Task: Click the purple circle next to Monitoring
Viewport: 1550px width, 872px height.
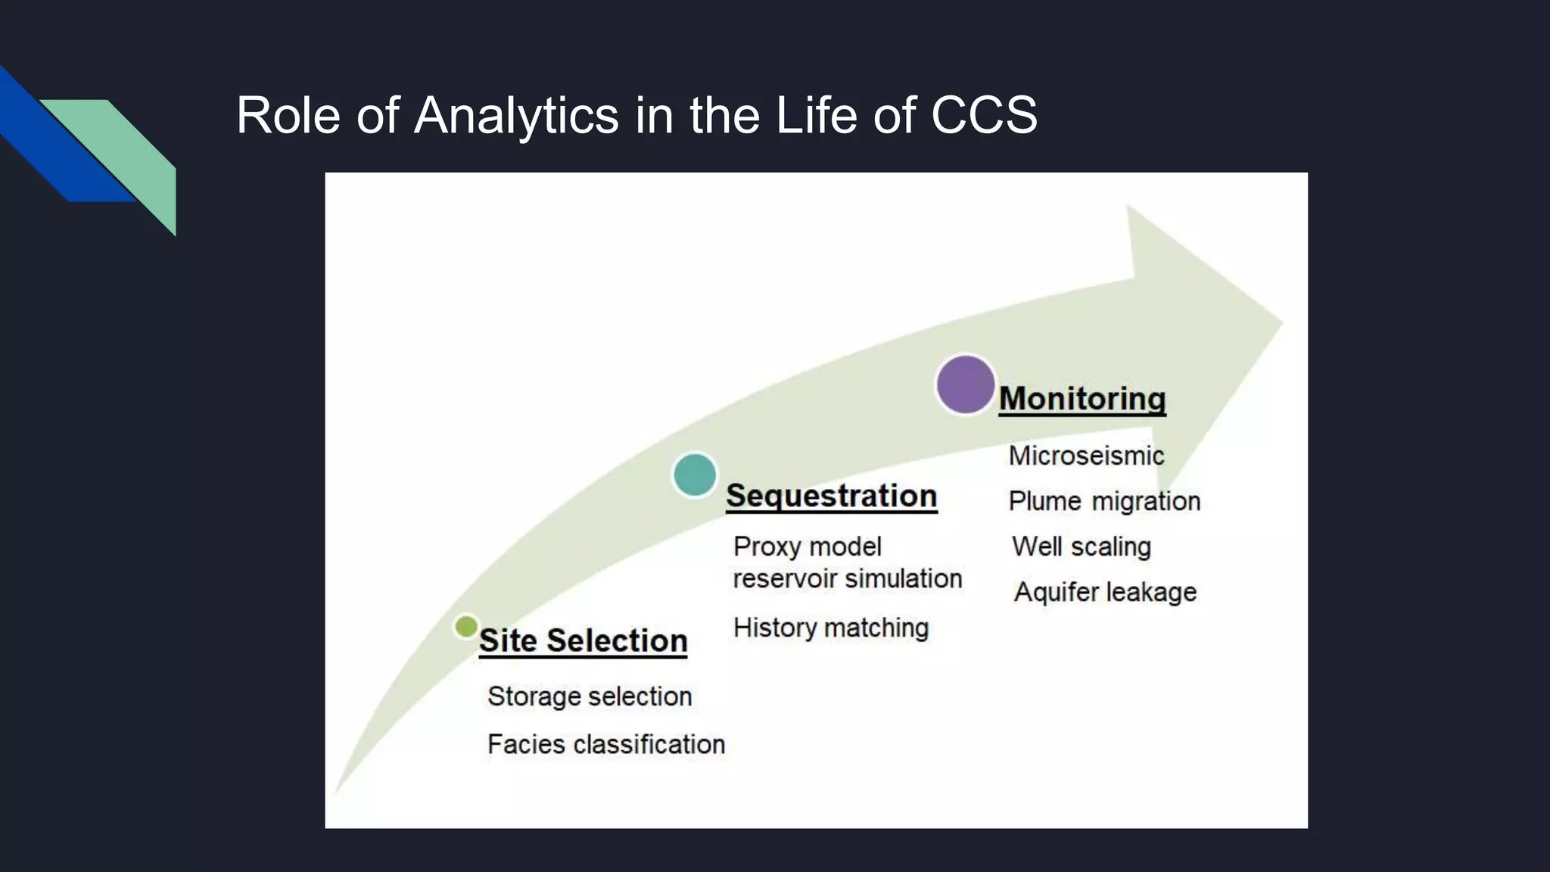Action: (965, 385)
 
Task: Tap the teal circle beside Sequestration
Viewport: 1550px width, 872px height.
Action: (695, 475)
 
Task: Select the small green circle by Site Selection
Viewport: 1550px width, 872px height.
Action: (466, 627)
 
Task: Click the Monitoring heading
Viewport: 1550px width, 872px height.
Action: (1082, 399)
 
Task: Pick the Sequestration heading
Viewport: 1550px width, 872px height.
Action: (831, 496)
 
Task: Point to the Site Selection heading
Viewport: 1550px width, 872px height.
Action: (583, 640)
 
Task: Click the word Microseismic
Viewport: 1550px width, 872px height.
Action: (1086, 456)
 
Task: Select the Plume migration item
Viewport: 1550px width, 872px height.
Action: (1104, 501)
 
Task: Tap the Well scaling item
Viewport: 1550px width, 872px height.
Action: (1081, 547)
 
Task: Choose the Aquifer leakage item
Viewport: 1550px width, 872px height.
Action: (1105, 592)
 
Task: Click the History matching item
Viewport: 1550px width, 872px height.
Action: (830, 628)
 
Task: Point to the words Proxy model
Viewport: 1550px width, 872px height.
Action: (807, 547)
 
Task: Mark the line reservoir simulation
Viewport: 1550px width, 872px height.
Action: (847, 579)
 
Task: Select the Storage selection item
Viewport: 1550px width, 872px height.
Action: (590, 696)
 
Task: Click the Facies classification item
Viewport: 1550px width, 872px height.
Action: (605, 744)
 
